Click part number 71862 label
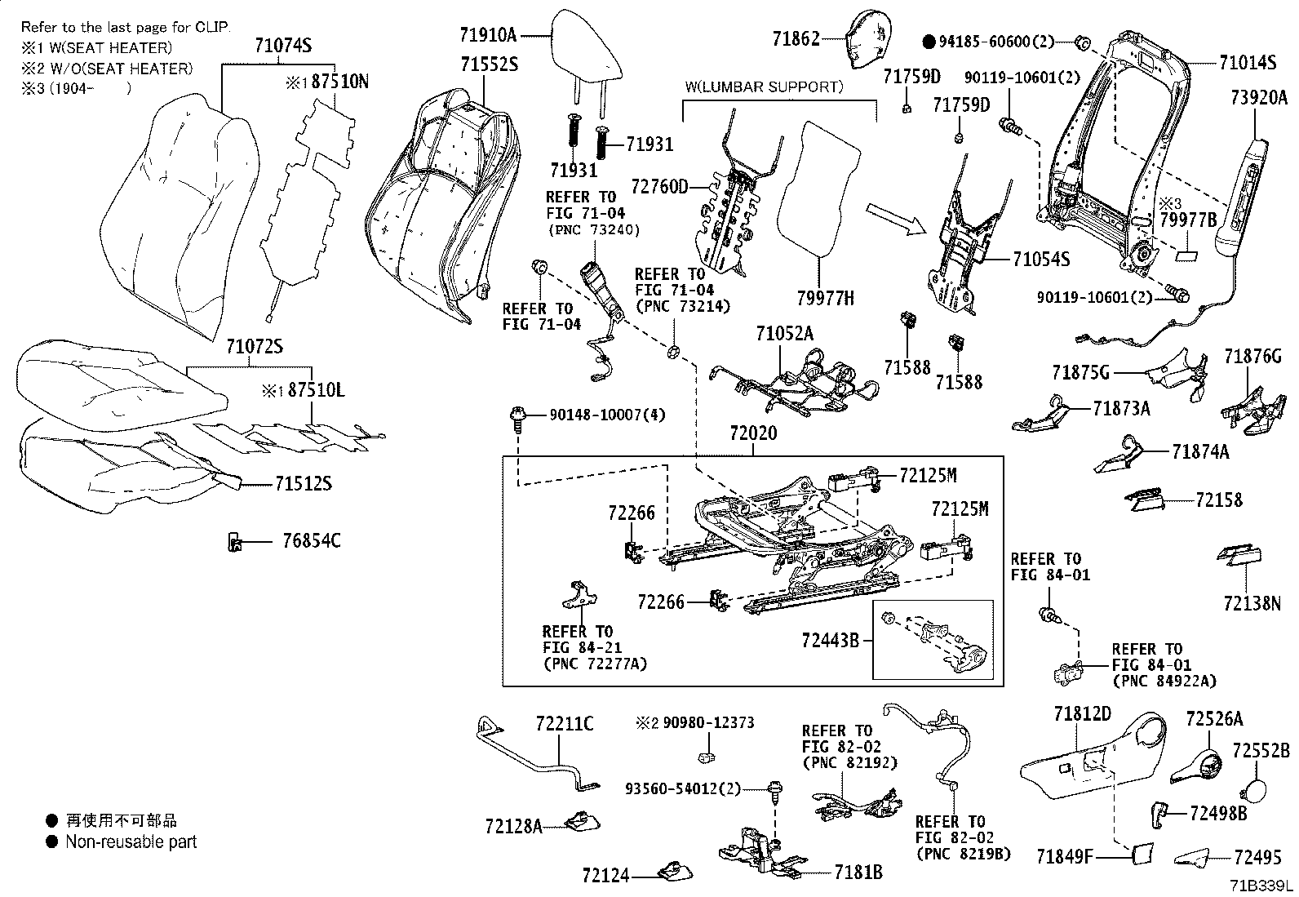796,38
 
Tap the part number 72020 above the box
753,435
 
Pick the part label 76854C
312,540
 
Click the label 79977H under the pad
826,298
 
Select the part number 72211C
565,723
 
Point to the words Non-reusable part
131,841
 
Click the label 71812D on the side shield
1082,715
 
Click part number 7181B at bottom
858,873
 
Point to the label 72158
1219,500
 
